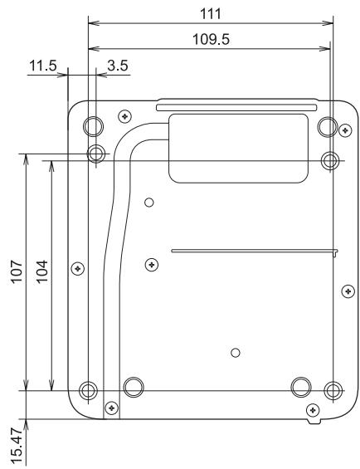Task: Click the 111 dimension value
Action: click(211, 14)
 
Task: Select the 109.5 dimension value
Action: click(211, 40)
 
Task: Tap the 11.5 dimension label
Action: click(43, 66)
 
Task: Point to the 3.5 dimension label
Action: click(118, 66)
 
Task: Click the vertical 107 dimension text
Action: click(17, 271)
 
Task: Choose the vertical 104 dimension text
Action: click(41, 271)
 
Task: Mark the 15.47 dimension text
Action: click(17, 446)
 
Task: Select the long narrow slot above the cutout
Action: click(236, 107)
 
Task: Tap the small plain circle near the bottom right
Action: click(236, 353)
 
